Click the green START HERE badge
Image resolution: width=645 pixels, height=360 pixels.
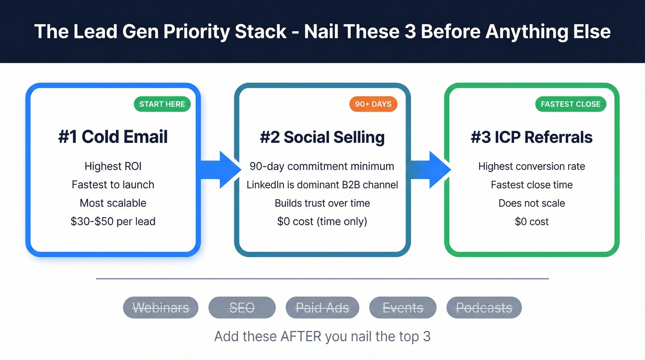(162, 104)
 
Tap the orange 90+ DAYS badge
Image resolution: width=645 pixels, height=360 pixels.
(373, 104)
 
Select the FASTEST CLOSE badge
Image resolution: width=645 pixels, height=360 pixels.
(570, 104)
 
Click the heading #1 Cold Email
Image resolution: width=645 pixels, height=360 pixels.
(113, 137)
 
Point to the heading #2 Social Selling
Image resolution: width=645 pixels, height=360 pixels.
(322, 137)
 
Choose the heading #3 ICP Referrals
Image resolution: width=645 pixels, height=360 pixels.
(532, 137)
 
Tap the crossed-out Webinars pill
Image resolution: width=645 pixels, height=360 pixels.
(161, 308)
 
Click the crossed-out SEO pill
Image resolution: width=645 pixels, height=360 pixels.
(242, 308)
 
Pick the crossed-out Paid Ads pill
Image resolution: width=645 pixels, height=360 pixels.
(322, 308)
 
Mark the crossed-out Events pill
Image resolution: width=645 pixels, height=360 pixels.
(403, 308)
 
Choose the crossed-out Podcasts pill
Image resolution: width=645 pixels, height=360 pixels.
(484, 308)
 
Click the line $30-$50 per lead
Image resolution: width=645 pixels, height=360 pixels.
(113, 221)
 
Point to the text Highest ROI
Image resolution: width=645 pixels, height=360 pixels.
(113, 166)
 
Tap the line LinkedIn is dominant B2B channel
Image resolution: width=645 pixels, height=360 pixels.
(322, 185)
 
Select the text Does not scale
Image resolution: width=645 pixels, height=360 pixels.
(532, 203)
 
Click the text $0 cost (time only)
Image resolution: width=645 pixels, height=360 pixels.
(322, 221)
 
